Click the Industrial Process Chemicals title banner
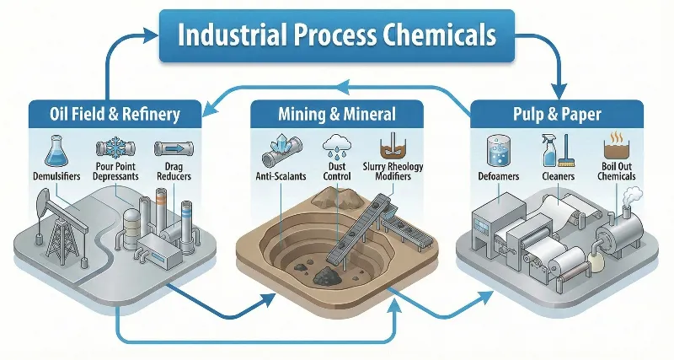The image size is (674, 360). [x=336, y=37]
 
